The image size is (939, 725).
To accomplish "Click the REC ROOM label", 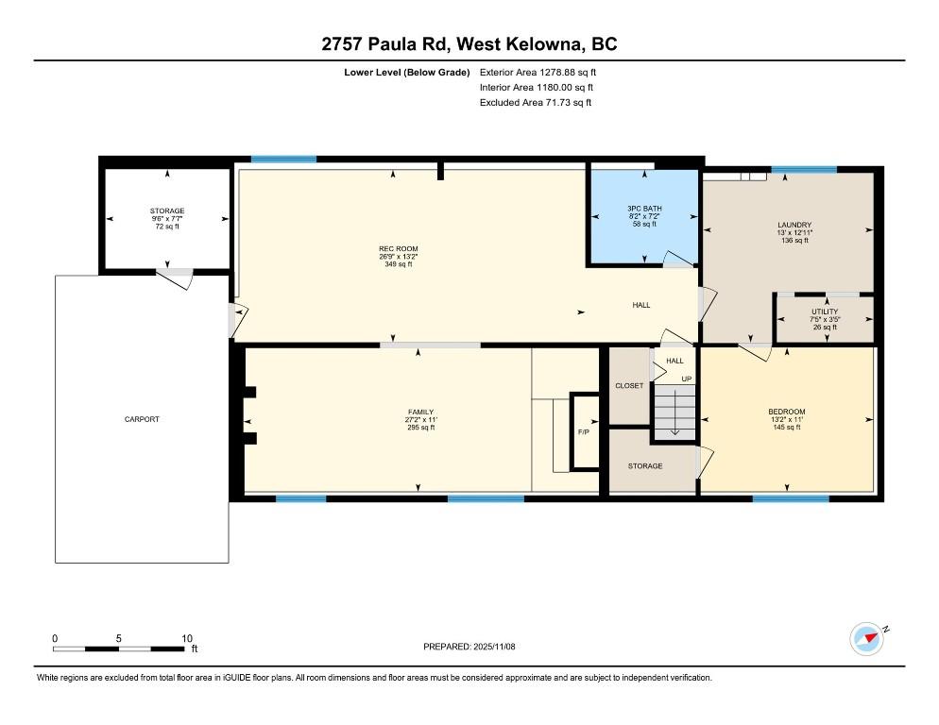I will coord(392,248).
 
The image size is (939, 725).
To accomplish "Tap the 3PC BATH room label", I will coord(644,208).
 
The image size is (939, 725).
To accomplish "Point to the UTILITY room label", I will coord(824,312).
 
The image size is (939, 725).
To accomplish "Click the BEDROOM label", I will coord(786,412).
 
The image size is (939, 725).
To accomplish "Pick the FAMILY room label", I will coord(420,412).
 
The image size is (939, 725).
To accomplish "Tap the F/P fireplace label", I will coord(585,432).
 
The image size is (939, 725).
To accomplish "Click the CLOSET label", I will coord(629,385).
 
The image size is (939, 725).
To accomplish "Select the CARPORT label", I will coord(142,419).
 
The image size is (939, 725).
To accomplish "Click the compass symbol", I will coord(865,639).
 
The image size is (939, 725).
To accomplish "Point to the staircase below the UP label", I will coord(674,411).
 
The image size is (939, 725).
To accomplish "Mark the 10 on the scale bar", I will coord(187,638).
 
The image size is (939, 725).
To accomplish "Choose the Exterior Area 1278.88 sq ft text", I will coord(538,72).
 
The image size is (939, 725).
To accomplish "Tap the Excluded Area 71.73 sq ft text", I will coord(536,103).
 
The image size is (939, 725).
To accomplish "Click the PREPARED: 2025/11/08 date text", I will coord(469,647).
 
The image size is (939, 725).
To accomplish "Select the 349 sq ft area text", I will coord(392,264).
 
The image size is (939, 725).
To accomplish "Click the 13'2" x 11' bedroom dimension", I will coord(786,419).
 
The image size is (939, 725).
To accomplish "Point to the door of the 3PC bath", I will coord(676,260).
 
